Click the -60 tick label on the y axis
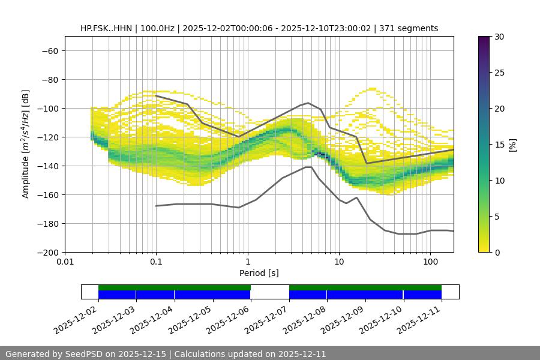click(49, 50)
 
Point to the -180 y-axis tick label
click(47, 223)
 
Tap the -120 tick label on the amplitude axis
click(47, 137)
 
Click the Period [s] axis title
click(259, 273)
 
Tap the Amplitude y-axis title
click(26, 144)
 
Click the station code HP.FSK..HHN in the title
click(108, 28)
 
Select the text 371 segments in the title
click(412, 28)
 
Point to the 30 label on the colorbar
click(499, 37)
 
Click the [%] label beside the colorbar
click(512, 145)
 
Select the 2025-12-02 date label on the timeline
click(76, 320)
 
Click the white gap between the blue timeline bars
click(269, 295)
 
